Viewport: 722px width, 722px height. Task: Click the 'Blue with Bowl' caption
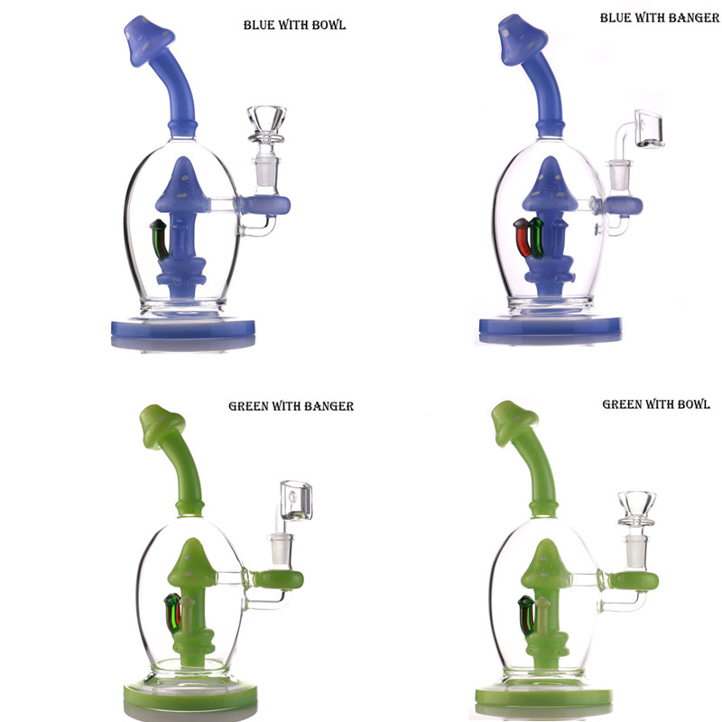[294, 25]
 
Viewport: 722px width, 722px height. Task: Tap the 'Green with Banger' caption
[291, 406]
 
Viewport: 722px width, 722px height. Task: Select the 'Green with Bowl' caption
[656, 404]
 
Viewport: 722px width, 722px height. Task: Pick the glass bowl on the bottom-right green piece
[639, 504]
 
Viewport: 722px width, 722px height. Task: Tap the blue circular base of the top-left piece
[195, 329]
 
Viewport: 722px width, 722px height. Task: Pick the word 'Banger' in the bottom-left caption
[325, 406]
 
